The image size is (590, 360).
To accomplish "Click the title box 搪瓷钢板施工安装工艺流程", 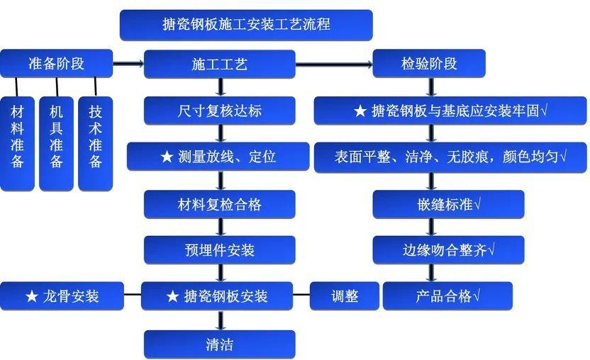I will tap(245, 24).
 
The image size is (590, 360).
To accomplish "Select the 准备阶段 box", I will tap(56, 63).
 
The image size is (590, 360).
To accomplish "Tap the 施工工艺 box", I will tap(220, 64).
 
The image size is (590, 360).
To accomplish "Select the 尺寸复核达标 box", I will tap(220, 110).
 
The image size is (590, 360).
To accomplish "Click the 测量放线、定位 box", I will tap(218, 157).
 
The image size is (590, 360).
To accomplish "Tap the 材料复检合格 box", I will tap(220, 204).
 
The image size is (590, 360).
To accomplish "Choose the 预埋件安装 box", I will tap(220, 250).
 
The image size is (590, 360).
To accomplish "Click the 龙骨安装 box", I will tap(62, 296).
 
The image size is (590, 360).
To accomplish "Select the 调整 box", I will tap(345, 296).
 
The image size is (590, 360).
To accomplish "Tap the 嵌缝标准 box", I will tap(449, 204).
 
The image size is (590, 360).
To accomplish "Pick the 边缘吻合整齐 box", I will tap(449, 250).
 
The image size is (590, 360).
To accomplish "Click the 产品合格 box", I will tap(447, 296).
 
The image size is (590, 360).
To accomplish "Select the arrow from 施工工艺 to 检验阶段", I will tap(333, 64).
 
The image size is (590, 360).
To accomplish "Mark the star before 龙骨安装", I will tap(31, 296).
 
